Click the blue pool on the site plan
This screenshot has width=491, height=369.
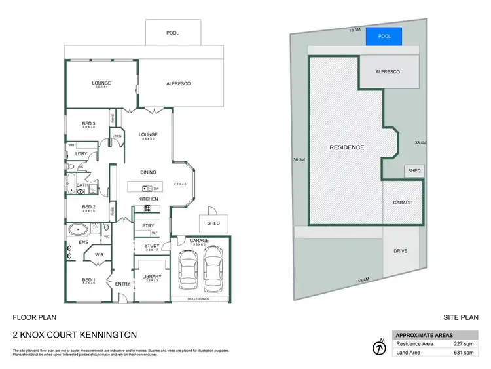(x=384, y=37)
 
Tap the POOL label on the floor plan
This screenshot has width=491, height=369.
(x=172, y=33)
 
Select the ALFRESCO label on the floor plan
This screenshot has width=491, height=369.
(x=177, y=84)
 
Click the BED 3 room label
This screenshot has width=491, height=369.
(x=88, y=124)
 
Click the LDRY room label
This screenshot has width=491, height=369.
(x=82, y=153)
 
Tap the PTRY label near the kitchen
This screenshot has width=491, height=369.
(x=147, y=226)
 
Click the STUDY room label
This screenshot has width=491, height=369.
(x=152, y=246)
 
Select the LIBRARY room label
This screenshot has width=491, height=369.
(x=152, y=277)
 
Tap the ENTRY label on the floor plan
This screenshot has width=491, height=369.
(x=122, y=284)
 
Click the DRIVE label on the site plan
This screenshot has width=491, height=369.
(x=401, y=251)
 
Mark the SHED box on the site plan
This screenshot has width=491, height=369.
(x=414, y=170)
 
